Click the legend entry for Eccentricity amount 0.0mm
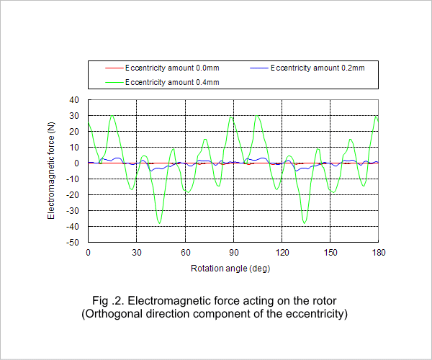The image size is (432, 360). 162,68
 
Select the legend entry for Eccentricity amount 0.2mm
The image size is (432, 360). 307,68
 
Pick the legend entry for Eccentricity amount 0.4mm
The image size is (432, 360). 162,82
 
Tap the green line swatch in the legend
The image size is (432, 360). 114,82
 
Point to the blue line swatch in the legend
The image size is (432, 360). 259,68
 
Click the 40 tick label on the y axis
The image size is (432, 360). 74,99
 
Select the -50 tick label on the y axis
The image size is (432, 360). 73,243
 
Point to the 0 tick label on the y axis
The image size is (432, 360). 76,163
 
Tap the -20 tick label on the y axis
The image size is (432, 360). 73,194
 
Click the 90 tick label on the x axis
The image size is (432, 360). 233,253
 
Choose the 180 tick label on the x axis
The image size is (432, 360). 379,253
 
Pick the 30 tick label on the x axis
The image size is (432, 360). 137,253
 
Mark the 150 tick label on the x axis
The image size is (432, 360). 330,253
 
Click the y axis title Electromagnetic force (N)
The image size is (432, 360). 51,171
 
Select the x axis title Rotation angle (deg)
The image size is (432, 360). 230,269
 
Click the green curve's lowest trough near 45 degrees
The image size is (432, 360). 160,223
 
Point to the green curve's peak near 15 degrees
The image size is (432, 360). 112,116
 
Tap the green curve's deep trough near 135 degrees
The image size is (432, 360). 304,223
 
